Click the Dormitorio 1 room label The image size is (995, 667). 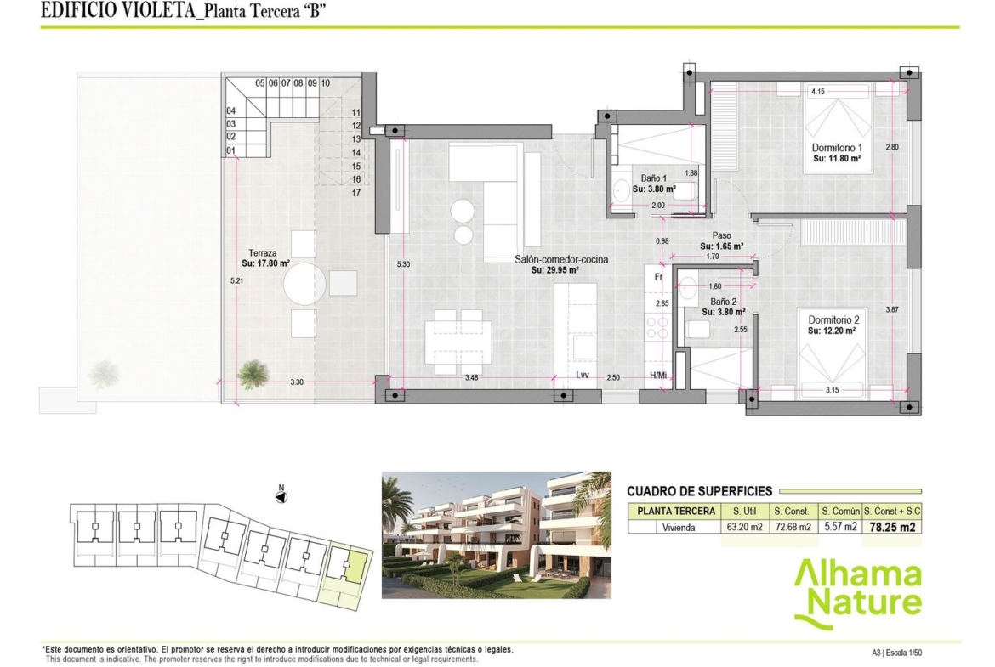(836, 148)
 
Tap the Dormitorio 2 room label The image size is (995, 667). (833, 320)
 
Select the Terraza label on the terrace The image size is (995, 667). (263, 253)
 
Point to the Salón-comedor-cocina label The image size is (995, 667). (561, 259)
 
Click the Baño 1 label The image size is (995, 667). (654, 178)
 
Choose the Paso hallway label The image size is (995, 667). (721, 236)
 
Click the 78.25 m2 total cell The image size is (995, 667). (892, 527)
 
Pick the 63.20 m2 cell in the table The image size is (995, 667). (745, 527)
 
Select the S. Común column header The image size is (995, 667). (840, 511)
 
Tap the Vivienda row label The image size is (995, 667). (679, 528)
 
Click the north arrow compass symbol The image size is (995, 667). (281, 496)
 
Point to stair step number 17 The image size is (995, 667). (356, 194)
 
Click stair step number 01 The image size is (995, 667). (231, 151)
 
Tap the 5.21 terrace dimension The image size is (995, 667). (236, 280)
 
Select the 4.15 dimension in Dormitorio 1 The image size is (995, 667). (818, 92)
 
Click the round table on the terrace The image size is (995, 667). (304, 284)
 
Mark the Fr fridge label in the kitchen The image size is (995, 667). (659, 277)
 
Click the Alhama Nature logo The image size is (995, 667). (858, 594)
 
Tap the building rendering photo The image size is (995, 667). (497, 535)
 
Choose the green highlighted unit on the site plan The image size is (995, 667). (356, 566)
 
